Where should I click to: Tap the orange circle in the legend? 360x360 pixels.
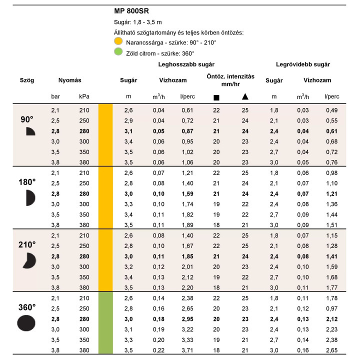point(118,42)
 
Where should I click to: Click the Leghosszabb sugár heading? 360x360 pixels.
point(186,64)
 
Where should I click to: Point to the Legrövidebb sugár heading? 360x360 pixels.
point(303,64)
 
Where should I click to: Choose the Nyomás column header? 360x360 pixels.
point(69,80)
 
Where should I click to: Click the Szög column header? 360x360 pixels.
point(27,80)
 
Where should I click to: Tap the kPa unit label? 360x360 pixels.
point(84,96)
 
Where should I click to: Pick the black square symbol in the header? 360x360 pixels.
point(216,97)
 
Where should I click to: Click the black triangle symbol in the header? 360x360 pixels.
point(244,96)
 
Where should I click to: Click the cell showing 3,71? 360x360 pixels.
point(186,349)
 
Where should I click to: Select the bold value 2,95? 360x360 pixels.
point(186,318)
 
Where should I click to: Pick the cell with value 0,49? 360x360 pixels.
point(331,110)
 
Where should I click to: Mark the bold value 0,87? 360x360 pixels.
point(186,130)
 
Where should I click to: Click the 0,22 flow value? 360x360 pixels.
point(158,349)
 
